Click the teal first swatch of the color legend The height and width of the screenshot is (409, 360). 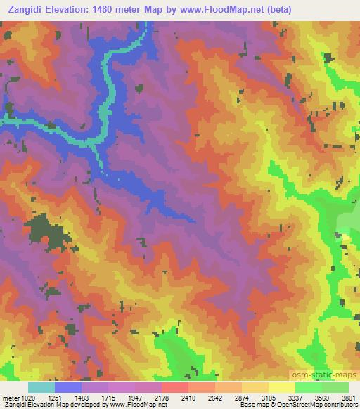[41, 387]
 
